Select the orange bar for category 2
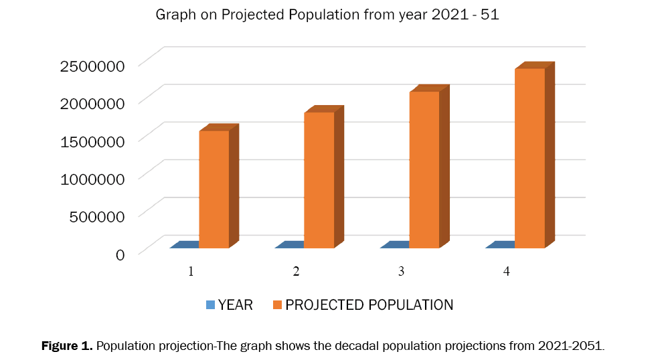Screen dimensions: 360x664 tap(319, 180)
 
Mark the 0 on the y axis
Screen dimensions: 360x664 tap(120, 254)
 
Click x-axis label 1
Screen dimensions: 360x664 tap(191, 272)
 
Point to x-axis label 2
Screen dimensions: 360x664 tap(296, 272)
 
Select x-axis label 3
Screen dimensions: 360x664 tap(401, 272)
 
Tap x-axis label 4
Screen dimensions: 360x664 tap(506, 272)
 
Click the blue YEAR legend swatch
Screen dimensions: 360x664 tap(211, 305)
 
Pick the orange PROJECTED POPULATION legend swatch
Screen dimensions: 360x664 tap(278, 305)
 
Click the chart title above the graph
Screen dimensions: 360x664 tap(327, 14)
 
